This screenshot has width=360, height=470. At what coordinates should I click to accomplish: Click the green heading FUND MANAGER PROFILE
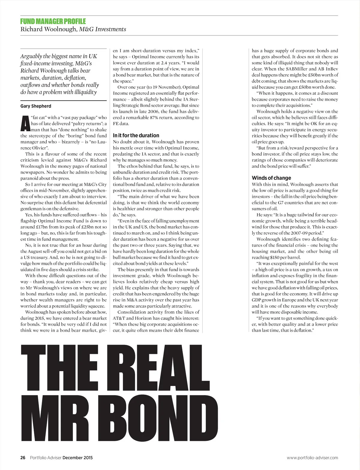point(53,21)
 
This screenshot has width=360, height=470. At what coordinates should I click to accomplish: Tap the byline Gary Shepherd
point(36,106)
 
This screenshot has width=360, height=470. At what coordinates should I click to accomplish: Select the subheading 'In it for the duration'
point(136,135)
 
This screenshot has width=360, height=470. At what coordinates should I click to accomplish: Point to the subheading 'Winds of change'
point(271,178)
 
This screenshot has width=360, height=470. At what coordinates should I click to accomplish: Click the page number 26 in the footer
point(23,458)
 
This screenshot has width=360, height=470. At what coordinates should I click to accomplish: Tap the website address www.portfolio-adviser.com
point(312,458)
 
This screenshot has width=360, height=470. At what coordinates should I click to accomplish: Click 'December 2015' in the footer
point(77,458)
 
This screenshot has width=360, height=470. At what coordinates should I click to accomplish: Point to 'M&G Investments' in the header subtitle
point(103,29)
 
